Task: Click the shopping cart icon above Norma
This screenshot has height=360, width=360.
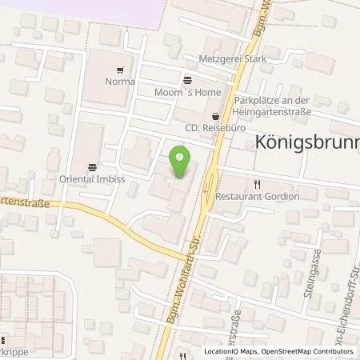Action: pyautogui.click(x=120, y=70)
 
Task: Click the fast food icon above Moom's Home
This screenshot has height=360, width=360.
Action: pyautogui.click(x=186, y=79)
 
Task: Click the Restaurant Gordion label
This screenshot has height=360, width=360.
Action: pyautogui.click(x=258, y=194)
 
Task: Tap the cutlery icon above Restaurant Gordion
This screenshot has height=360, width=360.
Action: pyautogui.click(x=257, y=182)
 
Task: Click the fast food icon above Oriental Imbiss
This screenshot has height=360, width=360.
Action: pyautogui.click(x=93, y=167)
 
